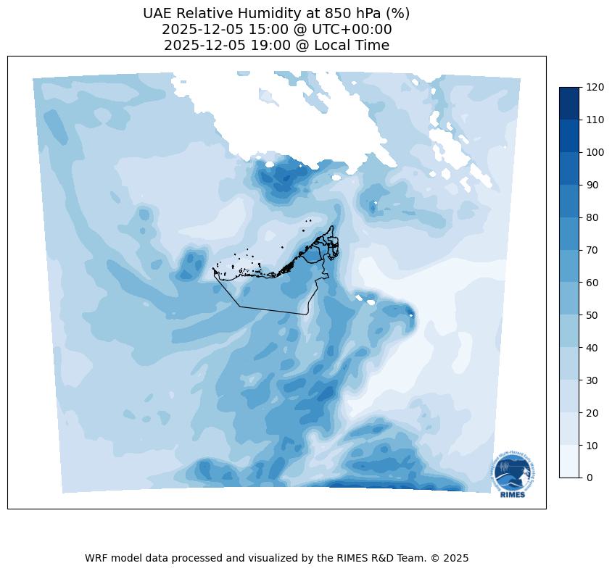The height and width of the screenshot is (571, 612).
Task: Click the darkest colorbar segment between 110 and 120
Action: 570,104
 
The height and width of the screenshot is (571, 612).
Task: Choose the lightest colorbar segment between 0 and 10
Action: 570,462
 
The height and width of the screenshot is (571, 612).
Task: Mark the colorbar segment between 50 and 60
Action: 570,299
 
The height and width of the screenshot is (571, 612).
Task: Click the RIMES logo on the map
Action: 510,475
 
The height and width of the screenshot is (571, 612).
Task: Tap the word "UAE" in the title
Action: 157,14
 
